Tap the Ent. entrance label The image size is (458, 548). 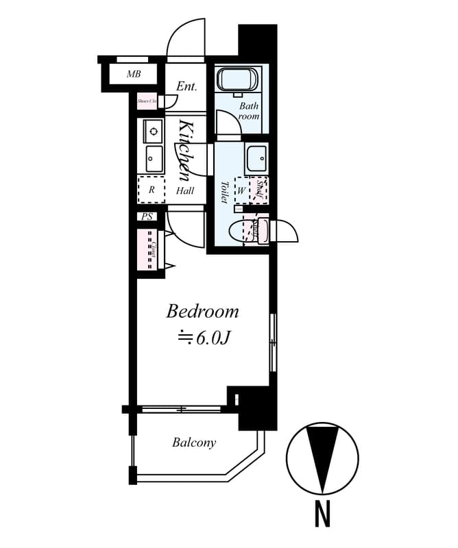point(186,87)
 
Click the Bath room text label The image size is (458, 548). point(249,111)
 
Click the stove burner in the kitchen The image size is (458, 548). point(153,129)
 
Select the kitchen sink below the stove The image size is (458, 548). point(154,160)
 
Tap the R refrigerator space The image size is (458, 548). point(152,190)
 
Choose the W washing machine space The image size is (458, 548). point(241,190)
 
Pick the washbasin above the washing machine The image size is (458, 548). point(257,158)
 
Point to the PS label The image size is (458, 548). point(146,217)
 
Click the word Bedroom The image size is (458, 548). point(203,312)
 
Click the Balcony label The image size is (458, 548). point(194,443)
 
